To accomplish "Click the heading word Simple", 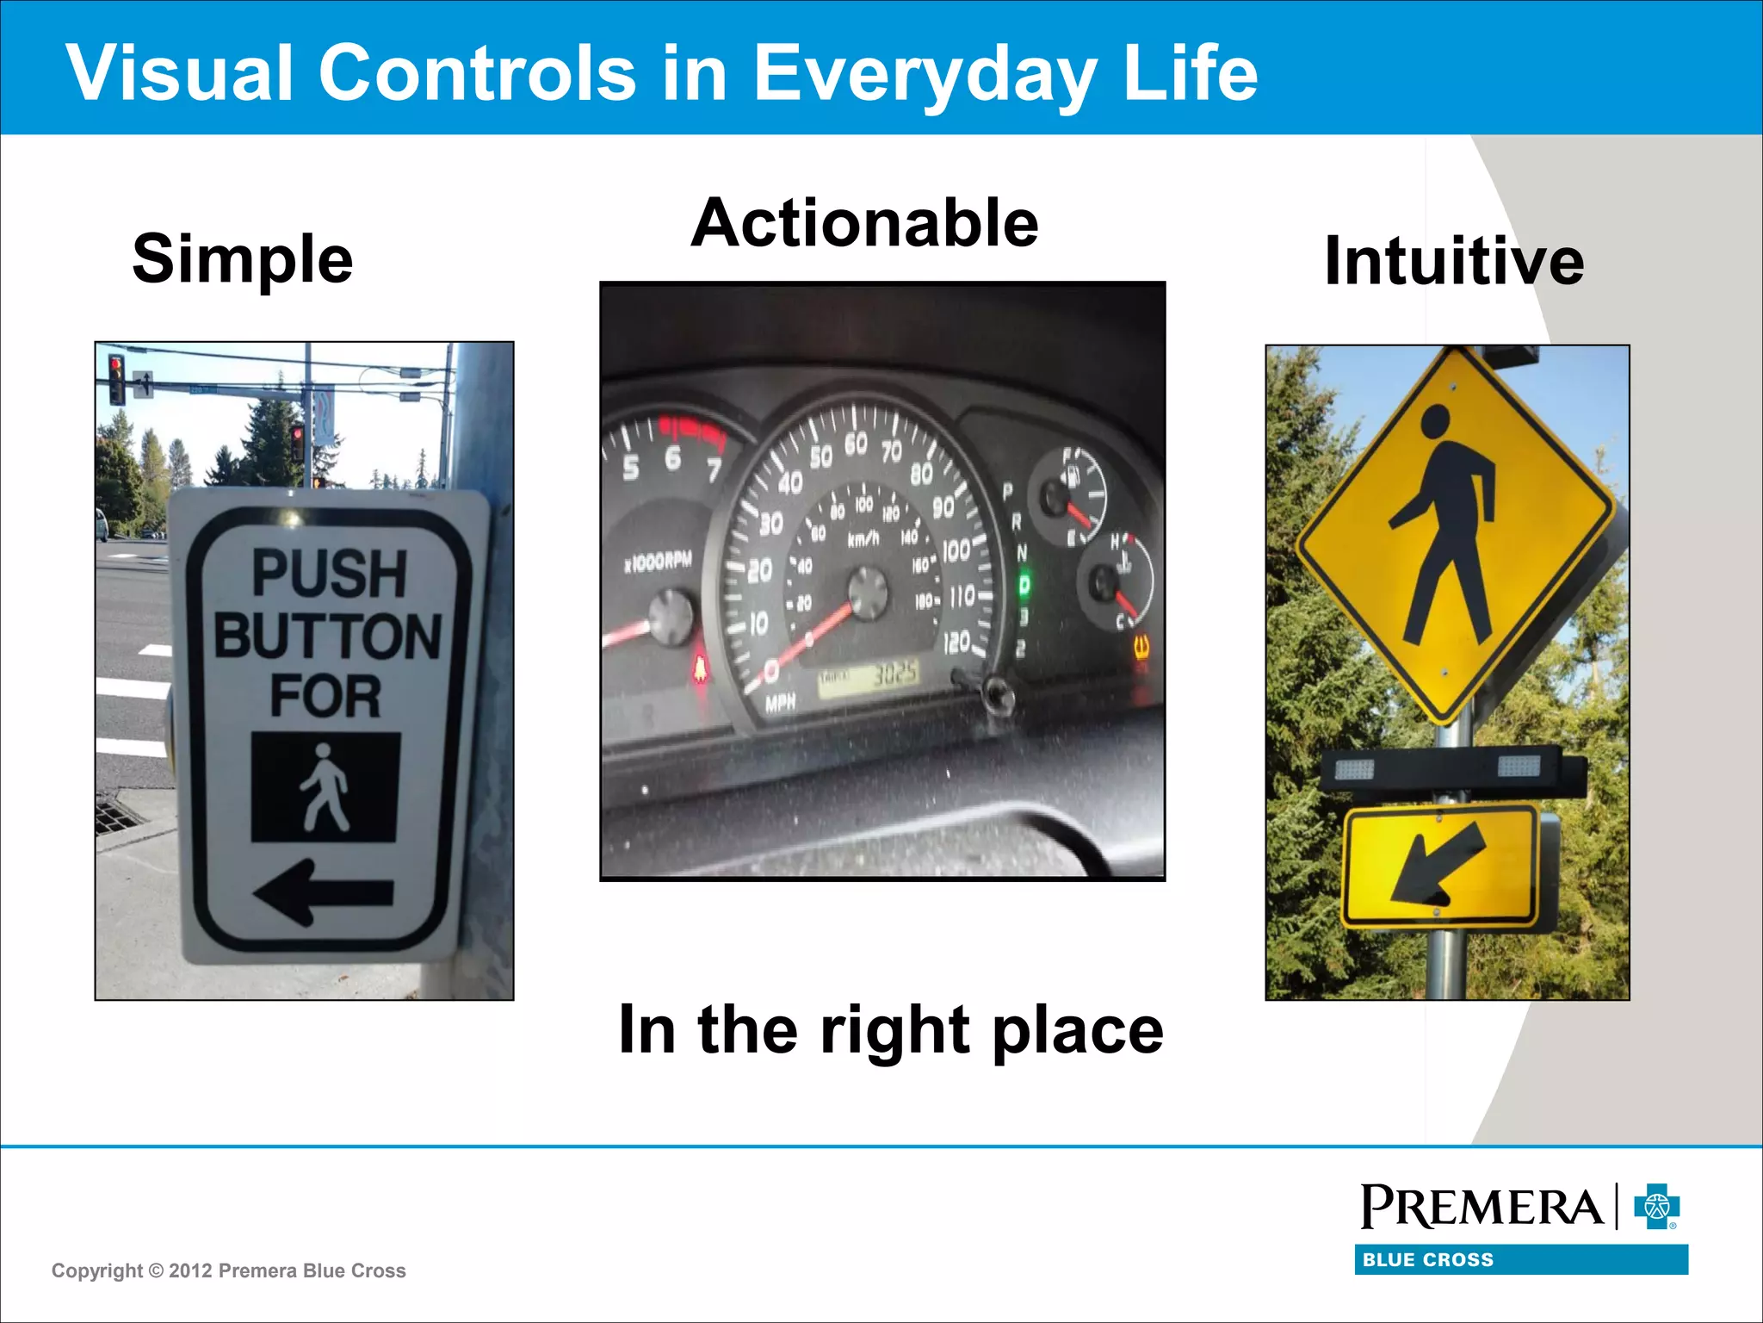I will point(243,258).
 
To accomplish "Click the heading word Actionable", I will point(864,223).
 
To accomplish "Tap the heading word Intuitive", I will point(1454,261).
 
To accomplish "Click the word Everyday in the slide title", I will point(925,72).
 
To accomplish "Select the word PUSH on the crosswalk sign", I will point(329,574).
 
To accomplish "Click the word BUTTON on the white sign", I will point(327,637).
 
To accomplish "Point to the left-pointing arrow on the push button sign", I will point(324,892).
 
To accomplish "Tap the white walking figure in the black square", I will point(325,787).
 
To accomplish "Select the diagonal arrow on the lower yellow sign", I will point(1438,864).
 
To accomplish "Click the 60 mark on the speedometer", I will point(856,444).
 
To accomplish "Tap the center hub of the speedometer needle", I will point(867,593).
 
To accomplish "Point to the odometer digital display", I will point(868,674).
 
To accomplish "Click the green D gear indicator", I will point(1024,586).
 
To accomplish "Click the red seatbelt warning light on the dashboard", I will point(701,668).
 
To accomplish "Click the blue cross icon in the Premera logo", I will point(1656,1207).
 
